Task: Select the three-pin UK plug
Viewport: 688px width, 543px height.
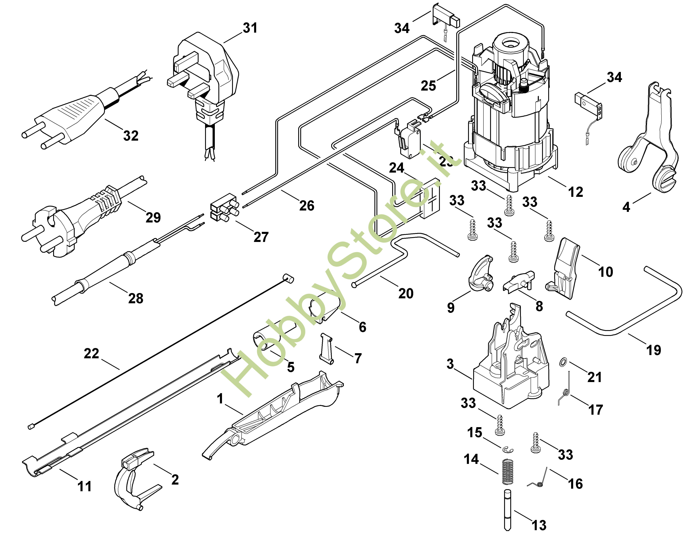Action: tap(204, 73)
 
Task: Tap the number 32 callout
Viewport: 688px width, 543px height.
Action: tap(131, 136)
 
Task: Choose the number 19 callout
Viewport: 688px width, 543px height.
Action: tap(653, 350)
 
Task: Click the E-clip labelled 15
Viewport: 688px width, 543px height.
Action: tap(508, 449)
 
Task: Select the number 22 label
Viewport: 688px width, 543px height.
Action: tap(91, 354)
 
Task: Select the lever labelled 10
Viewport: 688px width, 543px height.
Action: tap(564, 270)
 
